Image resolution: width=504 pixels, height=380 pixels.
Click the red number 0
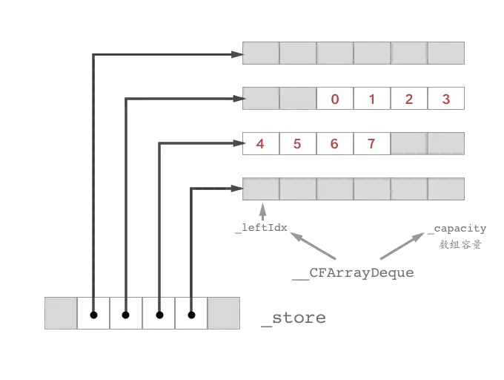[x=335, y=99]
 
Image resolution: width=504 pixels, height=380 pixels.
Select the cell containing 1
[x=372, y=99]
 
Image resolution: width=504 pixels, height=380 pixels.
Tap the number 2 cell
[x=409, y=99]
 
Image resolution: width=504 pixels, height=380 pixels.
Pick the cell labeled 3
[x=445, y=99]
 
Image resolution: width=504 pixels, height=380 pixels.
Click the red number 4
[x=260, y=144]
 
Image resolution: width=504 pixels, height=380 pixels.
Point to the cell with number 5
[x=297, y=144]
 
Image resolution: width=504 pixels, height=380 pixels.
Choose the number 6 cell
[x=334, y=144]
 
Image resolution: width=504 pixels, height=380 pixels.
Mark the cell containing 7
[x=371, y=144]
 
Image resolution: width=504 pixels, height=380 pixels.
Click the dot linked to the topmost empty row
[x=93, y=315]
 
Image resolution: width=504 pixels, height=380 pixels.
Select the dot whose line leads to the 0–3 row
[x=126, y=315]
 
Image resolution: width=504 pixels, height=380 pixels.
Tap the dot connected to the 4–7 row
[x=159, y=315]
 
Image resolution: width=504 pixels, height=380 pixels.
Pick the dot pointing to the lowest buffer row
[x=191, y=315]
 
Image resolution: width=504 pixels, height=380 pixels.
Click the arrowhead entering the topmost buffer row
[x=238, y=53]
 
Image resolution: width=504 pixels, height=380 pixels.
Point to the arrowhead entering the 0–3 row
[x=238, y=97]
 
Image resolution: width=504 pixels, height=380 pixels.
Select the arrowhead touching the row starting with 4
[x=238, y=142]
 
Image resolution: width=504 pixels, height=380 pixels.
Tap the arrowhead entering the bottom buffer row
[x=238, y=189]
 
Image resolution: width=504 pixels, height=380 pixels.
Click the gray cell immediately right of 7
[x=408, y=144]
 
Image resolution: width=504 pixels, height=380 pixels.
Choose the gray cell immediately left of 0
[x=297, y=99]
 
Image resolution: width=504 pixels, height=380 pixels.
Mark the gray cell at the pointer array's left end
[x=61, y=314]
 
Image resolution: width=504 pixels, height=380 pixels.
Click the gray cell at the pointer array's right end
[x=225, y=314]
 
